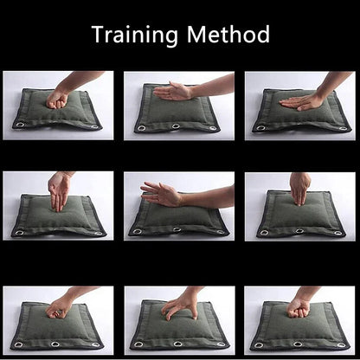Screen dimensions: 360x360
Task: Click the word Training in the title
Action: point(135,35)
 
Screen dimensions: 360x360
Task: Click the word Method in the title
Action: point(228,34)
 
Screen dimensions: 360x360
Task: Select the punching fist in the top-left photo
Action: point(57,100)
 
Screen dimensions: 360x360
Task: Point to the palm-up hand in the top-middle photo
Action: point(172,91)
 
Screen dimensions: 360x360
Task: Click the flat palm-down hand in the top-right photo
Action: point(301,102)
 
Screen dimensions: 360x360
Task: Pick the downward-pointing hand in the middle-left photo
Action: point(60,191)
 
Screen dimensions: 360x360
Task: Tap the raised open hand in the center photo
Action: point(161,194)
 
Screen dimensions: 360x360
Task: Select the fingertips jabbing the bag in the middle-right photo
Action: point(300,189)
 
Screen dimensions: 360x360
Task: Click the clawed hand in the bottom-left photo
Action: point(59,307)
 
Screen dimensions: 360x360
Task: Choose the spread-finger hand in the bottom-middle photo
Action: point(180,306)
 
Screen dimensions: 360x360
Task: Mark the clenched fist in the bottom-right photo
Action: point(298,309)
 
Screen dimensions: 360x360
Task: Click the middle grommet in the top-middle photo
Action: point(176,126)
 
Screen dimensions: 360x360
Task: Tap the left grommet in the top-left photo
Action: point(20,125)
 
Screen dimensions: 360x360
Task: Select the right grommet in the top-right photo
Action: point(343,128)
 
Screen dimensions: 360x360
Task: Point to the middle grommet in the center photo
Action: point(177,229)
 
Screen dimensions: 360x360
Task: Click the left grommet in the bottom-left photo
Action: point(19,344)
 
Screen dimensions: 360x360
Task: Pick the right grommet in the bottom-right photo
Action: point(341,345)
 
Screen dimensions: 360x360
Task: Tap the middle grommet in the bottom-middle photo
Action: point(178,344)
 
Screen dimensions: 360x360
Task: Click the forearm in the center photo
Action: point(207,197)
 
